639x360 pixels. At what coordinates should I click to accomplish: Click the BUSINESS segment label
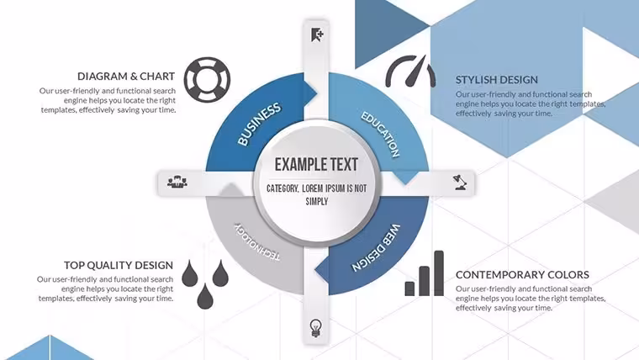click(x=259, y=124)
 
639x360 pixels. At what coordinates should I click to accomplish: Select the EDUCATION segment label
click(x=380, y=134)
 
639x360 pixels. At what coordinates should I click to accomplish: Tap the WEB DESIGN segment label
click(x=376, y=247)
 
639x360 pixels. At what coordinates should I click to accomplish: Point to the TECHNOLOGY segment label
click(x=257, y=241)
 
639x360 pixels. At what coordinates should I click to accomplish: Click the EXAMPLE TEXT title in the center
click(x=316, y=164)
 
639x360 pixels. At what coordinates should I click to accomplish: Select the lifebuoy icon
click(x=207, y=80)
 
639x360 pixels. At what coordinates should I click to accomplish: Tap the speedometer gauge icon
click(x=410, y=71)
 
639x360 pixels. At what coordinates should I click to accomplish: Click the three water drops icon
click(x=205, y=284)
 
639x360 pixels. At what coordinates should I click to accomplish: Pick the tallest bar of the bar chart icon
click(x=439, y=273)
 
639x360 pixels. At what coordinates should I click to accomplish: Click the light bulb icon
click(x=316, y=328)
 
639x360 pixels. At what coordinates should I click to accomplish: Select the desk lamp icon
click(x=460, y=183)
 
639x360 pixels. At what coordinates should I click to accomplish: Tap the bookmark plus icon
click(x=317, y=35)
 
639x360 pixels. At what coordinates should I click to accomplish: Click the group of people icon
click(x=177, y=182)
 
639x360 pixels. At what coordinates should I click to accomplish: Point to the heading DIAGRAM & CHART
click(x=126, y=77)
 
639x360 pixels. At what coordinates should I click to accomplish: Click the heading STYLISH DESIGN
click(x=496, y=80)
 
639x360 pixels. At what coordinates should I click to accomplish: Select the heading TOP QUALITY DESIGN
click(x=119, y=265)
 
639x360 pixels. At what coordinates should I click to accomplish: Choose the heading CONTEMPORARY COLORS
click(x=522, y=275)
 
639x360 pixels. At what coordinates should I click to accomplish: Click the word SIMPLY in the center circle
click(x=317, y=201)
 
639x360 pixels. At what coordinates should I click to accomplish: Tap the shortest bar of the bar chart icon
click(x=409, y=289)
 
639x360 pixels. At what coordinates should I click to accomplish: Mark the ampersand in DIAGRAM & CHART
click(x=134, y=77)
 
